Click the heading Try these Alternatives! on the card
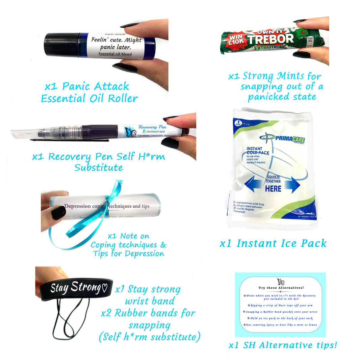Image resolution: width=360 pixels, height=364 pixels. tap(281, 288)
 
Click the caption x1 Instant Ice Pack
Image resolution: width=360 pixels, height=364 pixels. tap(273, 243)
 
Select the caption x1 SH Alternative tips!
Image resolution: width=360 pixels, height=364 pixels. tap(283, 345)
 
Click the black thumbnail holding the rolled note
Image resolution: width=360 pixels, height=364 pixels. tap(58, 213)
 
